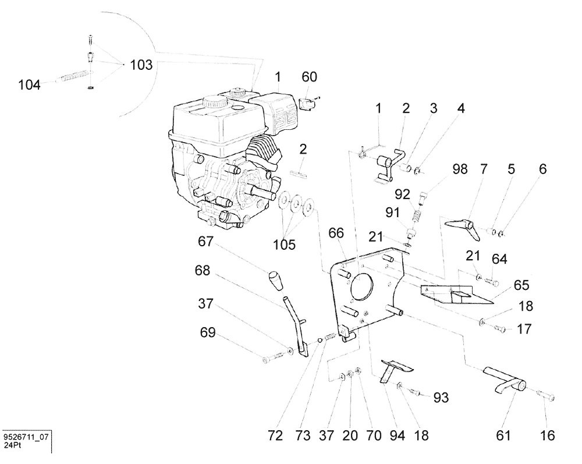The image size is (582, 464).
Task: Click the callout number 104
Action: [29, 85]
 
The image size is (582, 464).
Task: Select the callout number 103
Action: [141, 65]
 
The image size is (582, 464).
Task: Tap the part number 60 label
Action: [310, 77]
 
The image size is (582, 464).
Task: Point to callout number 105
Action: [284, 244]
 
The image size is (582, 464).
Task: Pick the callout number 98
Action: [460, 169]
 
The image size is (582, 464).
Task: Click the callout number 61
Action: [503, 435]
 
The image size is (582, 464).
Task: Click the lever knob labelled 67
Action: [274, 282]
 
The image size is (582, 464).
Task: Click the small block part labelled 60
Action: [309, 104]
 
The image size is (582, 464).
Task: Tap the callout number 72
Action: [275, 435]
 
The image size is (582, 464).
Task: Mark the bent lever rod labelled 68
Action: [298, 325]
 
